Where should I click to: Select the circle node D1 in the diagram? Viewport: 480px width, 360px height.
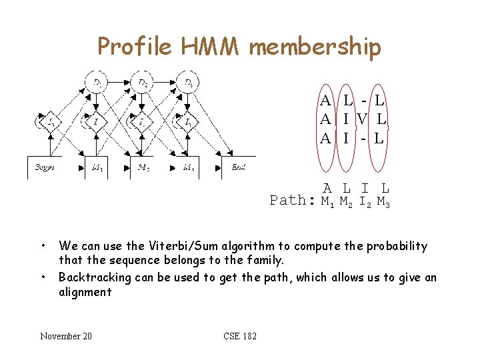[x=97, y=83]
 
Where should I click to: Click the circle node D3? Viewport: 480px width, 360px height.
[x=189, y=83]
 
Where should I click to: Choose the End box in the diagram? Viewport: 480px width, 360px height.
[x=238, y=167]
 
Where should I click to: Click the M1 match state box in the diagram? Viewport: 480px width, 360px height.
[x=97, y=167]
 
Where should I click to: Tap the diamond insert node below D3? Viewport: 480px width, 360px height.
[x=189, y=123]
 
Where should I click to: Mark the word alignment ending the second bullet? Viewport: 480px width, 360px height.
[x=85, y=292]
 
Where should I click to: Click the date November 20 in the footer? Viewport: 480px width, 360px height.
[x=66, y=336]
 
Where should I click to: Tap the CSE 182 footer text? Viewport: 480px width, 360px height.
[x=240, y=336]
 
